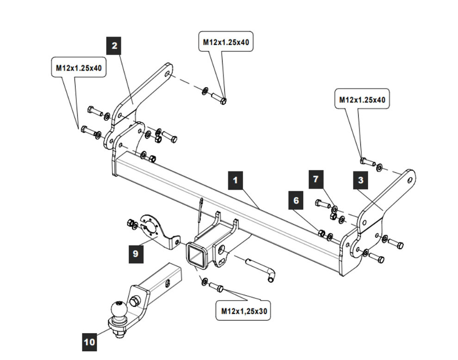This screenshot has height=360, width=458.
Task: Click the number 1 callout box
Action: click(235, 180)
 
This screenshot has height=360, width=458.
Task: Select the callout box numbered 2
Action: click(114, 46)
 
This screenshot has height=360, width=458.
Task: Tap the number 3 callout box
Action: click(361, 180)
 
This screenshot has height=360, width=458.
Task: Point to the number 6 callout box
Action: click(296, 200)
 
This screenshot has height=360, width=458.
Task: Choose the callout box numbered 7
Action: click(316, 179)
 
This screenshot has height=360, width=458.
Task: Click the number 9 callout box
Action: click(136, 254)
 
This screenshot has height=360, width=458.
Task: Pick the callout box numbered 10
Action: click(90, 342)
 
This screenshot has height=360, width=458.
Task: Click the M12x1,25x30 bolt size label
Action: click(243, 311)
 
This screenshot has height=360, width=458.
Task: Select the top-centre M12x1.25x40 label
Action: click(226, 42)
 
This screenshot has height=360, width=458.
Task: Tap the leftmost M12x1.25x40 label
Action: click(79, 68)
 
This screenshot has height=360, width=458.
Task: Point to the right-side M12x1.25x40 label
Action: click(362, 99)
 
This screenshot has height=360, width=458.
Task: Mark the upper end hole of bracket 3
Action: click(409, 181)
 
